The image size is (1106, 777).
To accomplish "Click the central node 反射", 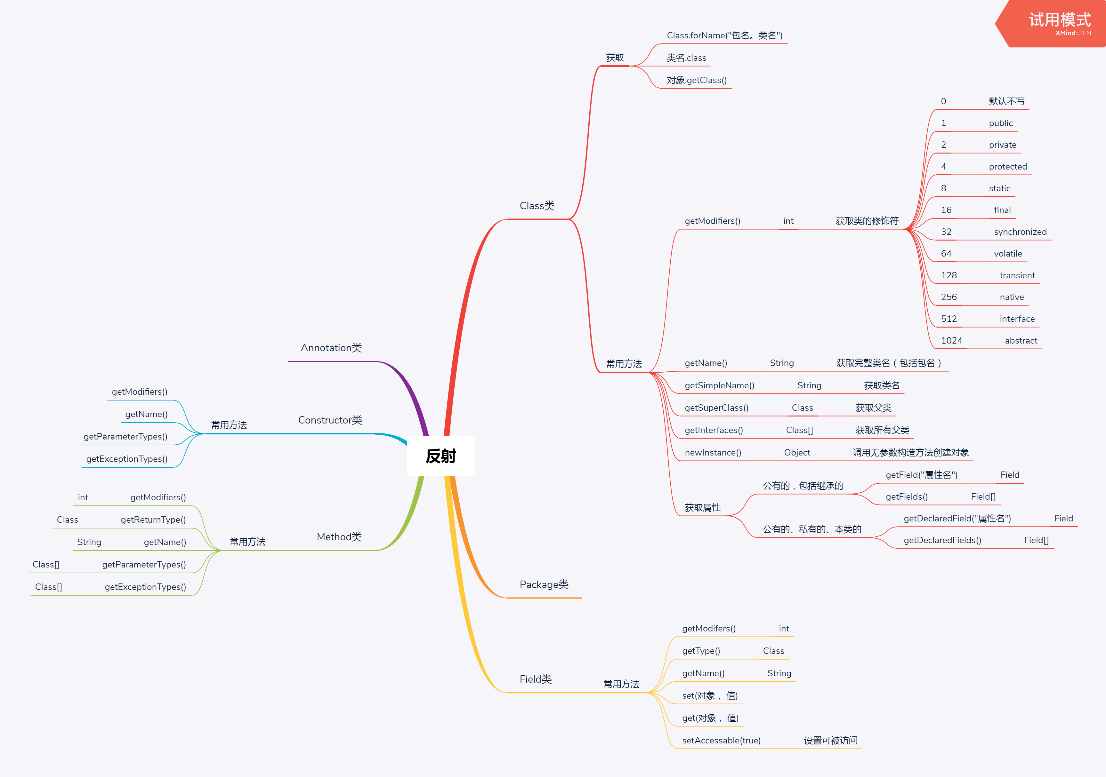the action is (x=441, y=456).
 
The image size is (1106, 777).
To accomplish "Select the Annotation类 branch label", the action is (x=331, y=348).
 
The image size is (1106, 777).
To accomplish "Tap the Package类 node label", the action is (x=544, y=584).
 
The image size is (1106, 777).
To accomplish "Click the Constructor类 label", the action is (x=330, y=420).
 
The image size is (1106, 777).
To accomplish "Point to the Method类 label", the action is (x=339, y=537).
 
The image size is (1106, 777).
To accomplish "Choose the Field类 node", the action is (x=536, y=679).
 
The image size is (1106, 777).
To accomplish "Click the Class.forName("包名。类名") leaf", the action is (x=724, y=35).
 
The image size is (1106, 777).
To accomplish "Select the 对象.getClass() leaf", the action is (x=697, y=80).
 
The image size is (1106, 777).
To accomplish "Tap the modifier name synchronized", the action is (x=1020, y=232).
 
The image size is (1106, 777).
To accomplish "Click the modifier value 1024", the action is (x=951, y=340).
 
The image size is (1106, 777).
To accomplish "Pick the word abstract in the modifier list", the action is (x=1021, y=340).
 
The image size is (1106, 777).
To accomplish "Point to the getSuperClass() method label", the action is (x=716, y=408).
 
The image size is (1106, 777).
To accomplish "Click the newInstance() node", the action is (x=713, y=453).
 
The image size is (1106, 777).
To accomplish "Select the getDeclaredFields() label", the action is (x=942, y=540).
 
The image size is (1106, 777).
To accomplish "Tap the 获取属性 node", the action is (x=702, y=507).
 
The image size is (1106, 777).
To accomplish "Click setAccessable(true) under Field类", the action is (x=721, y=741).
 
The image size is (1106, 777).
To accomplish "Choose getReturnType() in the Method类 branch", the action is (x=153, y=519).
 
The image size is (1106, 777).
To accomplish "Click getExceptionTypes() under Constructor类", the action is (x=127, y=459).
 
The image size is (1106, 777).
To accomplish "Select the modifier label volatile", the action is (x=1008, y=254).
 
